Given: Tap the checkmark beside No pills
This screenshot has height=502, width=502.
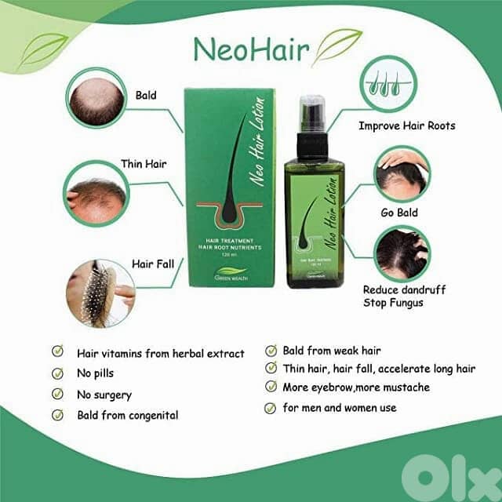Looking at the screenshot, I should point(56,373).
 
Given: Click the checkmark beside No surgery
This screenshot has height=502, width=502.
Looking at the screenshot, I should point(56,395).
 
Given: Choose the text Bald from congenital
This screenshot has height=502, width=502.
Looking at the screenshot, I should point(127,415).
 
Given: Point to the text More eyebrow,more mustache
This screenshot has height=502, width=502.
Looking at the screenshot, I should point(357,387).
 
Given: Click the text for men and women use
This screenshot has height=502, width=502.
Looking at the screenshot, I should point(340,407).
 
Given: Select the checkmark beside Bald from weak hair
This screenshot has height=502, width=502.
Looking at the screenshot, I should point(271,351).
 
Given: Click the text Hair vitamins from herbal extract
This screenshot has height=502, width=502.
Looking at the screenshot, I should point(160,353).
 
